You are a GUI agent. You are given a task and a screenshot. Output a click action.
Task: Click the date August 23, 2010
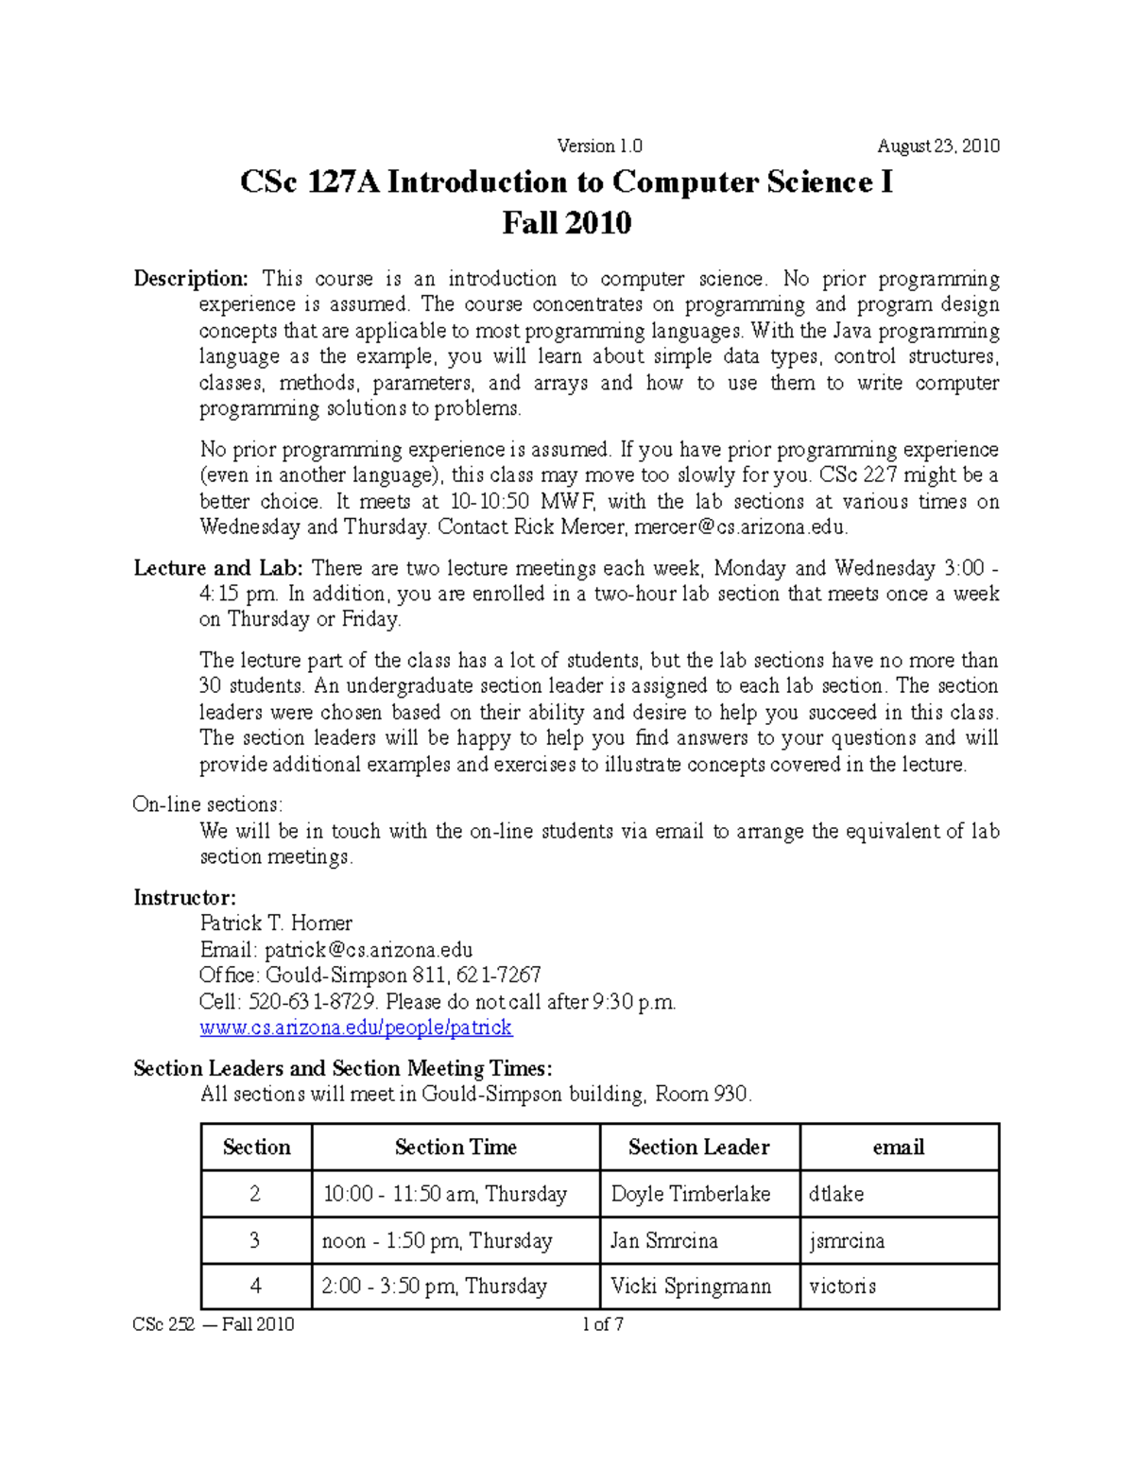click(x=937, y=146)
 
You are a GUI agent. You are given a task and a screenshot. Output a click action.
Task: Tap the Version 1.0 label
click(x=600, y=146)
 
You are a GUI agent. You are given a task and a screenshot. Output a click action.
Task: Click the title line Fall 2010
click(x=566, y=223)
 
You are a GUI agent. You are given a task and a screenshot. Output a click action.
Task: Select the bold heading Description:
click(x=191, y=278)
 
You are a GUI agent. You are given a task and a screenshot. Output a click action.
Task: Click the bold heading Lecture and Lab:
click(x=218, y=568)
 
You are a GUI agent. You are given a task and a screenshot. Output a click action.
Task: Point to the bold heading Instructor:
click(x=184, y=897)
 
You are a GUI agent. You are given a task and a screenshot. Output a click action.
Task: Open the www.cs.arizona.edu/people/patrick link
click(x=356, y=1028)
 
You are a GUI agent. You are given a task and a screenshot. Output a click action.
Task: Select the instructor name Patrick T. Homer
click(x=276, y=924)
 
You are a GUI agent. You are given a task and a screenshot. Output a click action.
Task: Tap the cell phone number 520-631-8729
click(x=312, y=1002)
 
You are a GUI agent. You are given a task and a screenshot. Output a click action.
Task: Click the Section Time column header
click(x=455, y=1148)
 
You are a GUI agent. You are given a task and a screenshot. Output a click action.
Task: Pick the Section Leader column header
click(x=699, y=1148)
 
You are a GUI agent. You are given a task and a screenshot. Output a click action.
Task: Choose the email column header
click(x=899, y=1148)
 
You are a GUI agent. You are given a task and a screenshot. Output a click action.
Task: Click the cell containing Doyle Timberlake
click(x=691, y=1194)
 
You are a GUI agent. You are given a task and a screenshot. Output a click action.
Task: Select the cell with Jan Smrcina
click(x=664, y=1240)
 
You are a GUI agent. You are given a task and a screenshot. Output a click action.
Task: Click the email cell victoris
click(x=843, y=1287)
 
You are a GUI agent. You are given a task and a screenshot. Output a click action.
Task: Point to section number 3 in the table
click(x=255, y=1240)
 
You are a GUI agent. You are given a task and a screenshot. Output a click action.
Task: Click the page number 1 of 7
click(x=603, y=1324)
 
